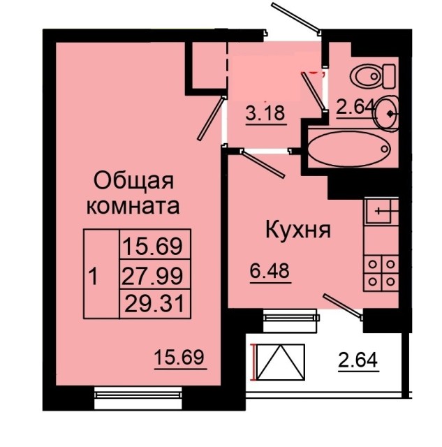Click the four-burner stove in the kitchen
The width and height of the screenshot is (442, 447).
pyautogui.click(x=381, y=272)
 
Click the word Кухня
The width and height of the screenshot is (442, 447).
pyautogui.click(x=296, y=230)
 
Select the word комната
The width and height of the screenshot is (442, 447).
pyautogui.click(x=133, y=207)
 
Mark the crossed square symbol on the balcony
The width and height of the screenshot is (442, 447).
pyautogui.click(x=281, y=362)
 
